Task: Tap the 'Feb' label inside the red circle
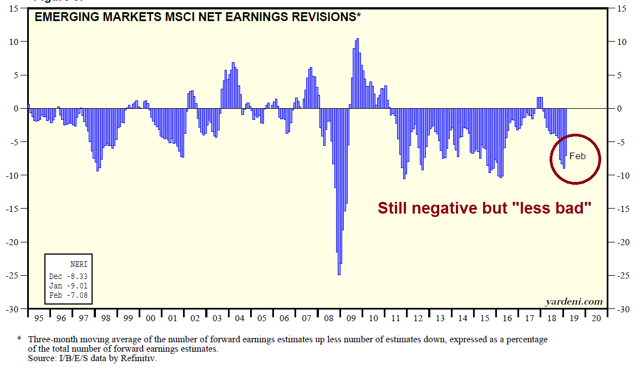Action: tap(577, 156)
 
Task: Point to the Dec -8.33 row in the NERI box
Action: tap(68, 276)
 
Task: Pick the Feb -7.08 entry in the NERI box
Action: tap(68, 295)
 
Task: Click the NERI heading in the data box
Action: tap(78, 264)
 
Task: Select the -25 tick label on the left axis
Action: tap(12, 276)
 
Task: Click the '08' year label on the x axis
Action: tap(328, 319)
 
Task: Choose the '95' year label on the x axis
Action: tap(38, 319)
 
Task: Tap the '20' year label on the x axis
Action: tap(596, 319)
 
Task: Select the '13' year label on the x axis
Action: tap(440, 319)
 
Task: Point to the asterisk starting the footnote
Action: tap(19, 339)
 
